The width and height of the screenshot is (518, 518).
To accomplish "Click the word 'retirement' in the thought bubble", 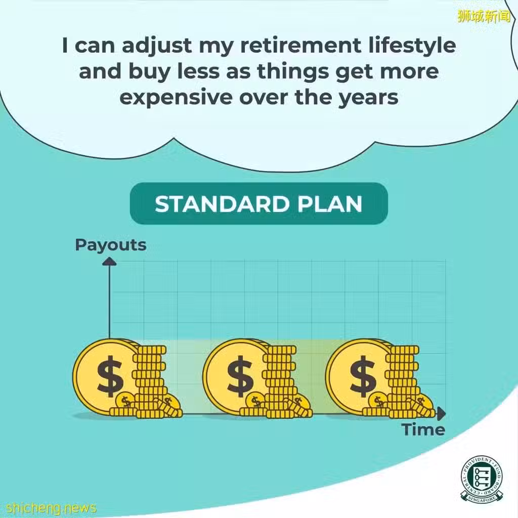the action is click(300, 45).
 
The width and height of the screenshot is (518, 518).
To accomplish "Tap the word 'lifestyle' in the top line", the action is click(412, 46).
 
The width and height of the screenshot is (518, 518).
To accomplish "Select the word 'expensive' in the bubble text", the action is click(176, 98).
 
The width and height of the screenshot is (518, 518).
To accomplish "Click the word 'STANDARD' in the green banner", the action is click(223, 204).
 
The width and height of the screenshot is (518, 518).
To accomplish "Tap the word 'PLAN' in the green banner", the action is click(330, 204).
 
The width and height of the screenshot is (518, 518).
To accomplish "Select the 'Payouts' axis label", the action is click(111, 245).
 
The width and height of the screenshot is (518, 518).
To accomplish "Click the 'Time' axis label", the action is click(423, 429).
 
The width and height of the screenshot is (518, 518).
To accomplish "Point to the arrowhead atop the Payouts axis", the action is click(109, 262).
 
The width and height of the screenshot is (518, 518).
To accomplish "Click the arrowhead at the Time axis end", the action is click(441, 414).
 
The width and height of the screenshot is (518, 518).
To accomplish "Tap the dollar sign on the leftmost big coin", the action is click(110, 376).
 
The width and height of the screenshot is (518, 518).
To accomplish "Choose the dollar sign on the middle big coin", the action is click(240, 376).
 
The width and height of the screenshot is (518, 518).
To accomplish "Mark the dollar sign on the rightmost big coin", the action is click(363, 376).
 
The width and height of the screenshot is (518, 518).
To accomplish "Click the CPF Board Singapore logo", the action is click(482, 480).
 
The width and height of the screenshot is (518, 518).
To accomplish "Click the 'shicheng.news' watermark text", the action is click(51, 507).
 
